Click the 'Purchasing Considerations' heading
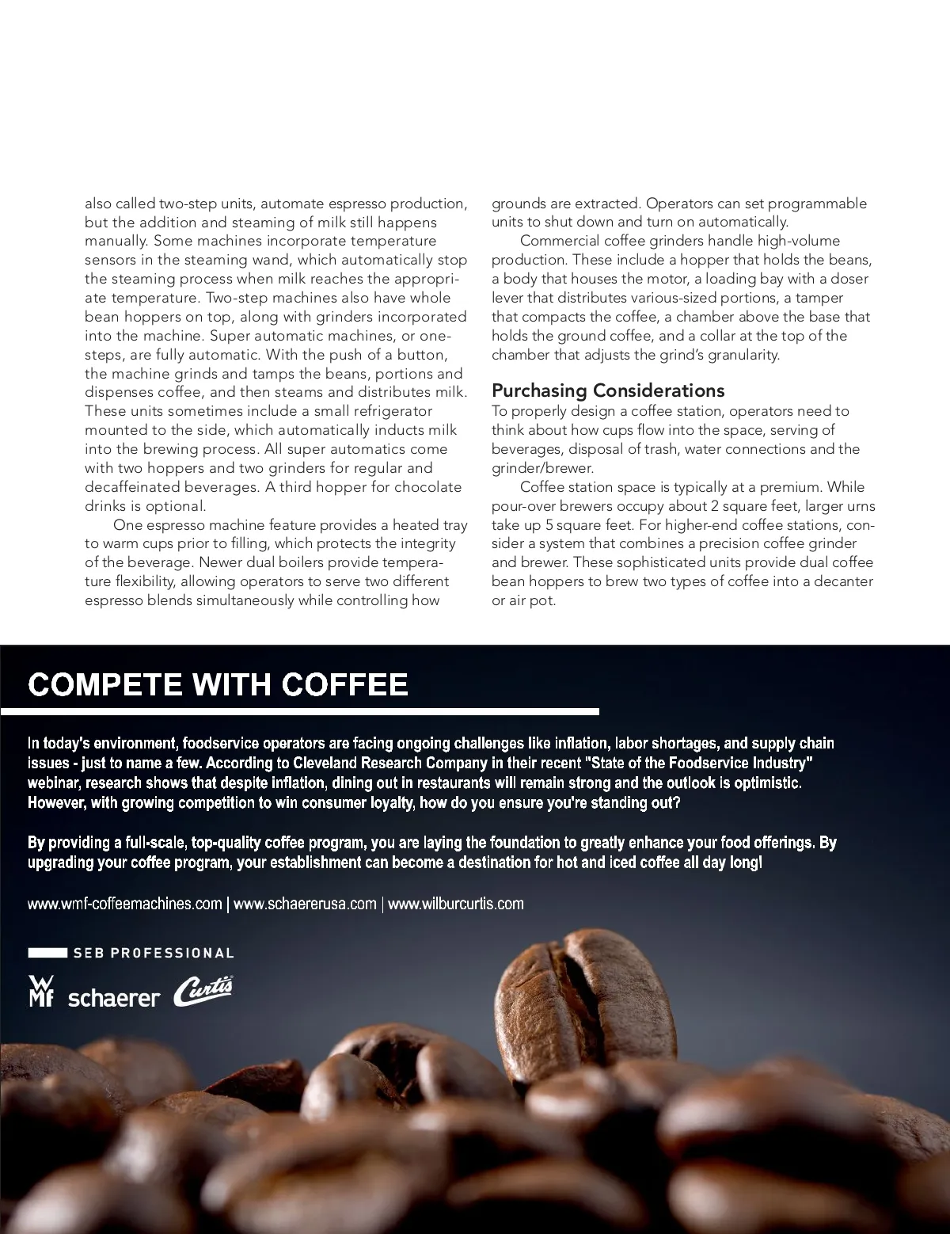[x=607, y=390]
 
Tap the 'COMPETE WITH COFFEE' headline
[x=218, y=684]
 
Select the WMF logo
[x=40, y=991]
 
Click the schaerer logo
[x=114, y=998]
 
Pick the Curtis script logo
[x=203, y=990]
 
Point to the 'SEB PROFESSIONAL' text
[x=154, y=953]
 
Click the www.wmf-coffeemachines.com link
[x=124, y=904]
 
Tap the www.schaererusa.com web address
[x=305, y=904]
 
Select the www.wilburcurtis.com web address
[x=455, y=904]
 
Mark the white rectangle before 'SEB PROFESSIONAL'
[x=47, y=953]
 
